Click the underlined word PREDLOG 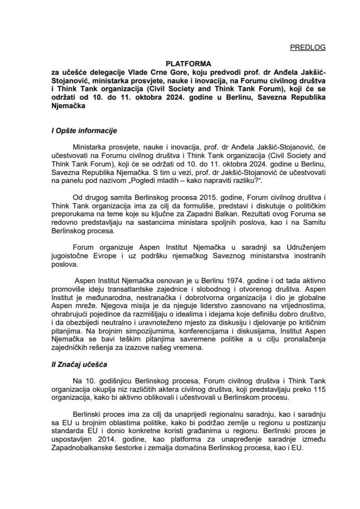308,47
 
